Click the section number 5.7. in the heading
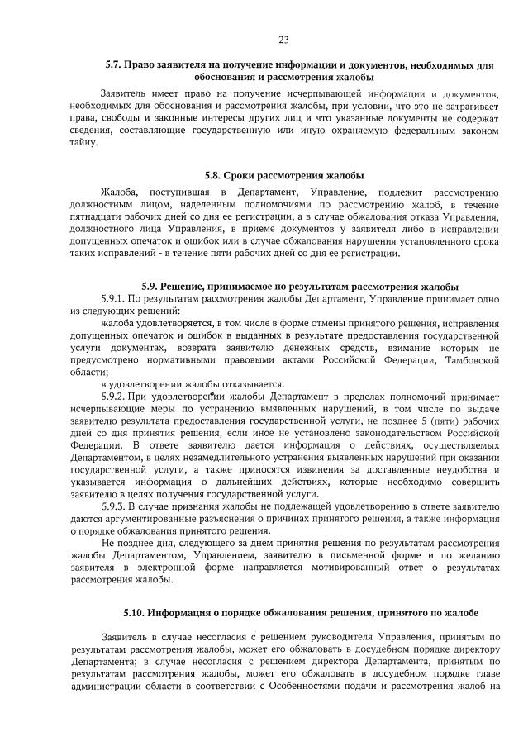(114, 64)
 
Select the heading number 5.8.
(214, 175)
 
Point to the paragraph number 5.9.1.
(115, 297)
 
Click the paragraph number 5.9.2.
(115, 396)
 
